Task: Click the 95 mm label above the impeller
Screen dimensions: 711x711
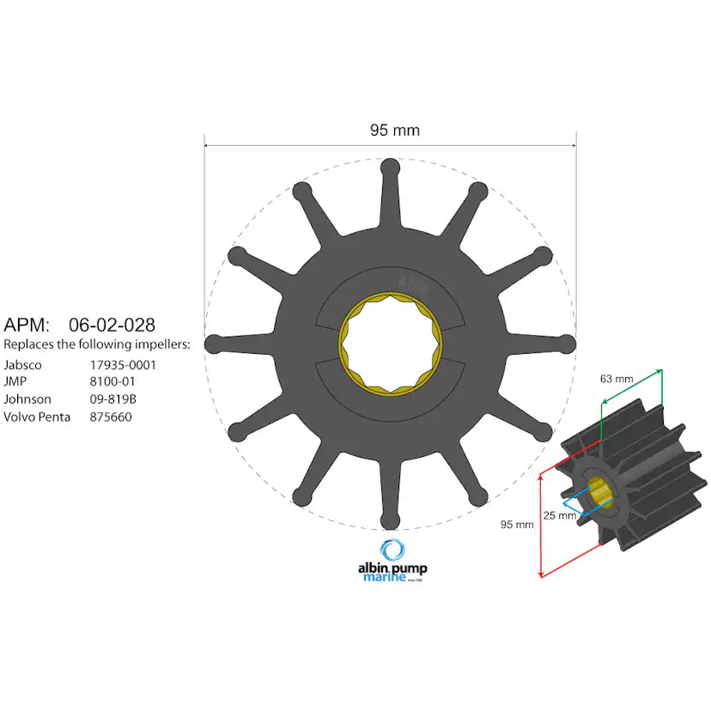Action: pos(394,131)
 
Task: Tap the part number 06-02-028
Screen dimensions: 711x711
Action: pos(112,325)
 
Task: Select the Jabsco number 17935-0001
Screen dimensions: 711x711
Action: pos(124,365)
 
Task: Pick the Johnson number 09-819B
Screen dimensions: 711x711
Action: pos(118,399)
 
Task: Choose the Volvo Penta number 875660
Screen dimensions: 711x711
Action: pos(112,416)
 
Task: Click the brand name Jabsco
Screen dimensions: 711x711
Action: pos(22,365)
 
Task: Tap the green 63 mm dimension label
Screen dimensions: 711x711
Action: pos(617,377)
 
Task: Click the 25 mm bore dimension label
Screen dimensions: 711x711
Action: pos(560,515)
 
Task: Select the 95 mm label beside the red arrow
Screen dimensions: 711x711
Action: pos(518,524)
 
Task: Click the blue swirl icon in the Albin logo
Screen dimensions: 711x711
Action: pos(392,550)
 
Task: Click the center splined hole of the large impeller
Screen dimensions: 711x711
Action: pos(390,343)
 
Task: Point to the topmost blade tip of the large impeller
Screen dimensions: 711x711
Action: pos(390,167)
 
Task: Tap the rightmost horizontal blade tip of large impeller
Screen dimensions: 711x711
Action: pos(566,343)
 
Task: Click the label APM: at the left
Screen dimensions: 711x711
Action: pos(27,325)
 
